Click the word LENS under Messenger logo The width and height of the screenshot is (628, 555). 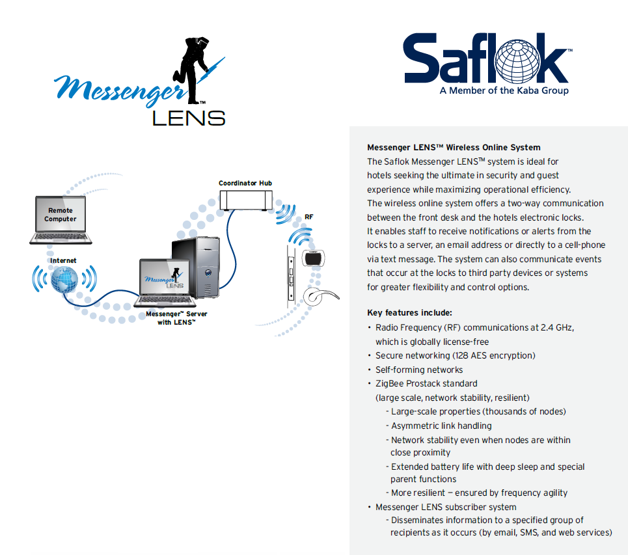click(189, 117)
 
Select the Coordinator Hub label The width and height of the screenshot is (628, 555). click(245, 183)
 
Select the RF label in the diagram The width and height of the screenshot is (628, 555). click(309, 215)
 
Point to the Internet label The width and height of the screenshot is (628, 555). click(63, 260)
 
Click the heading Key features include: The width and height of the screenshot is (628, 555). click(409, 313)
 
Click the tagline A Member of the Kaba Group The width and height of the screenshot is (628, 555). click(504, 90)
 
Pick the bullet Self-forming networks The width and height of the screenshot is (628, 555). click(419, 370)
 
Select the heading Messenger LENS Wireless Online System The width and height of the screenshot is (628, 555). click(454, 148)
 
